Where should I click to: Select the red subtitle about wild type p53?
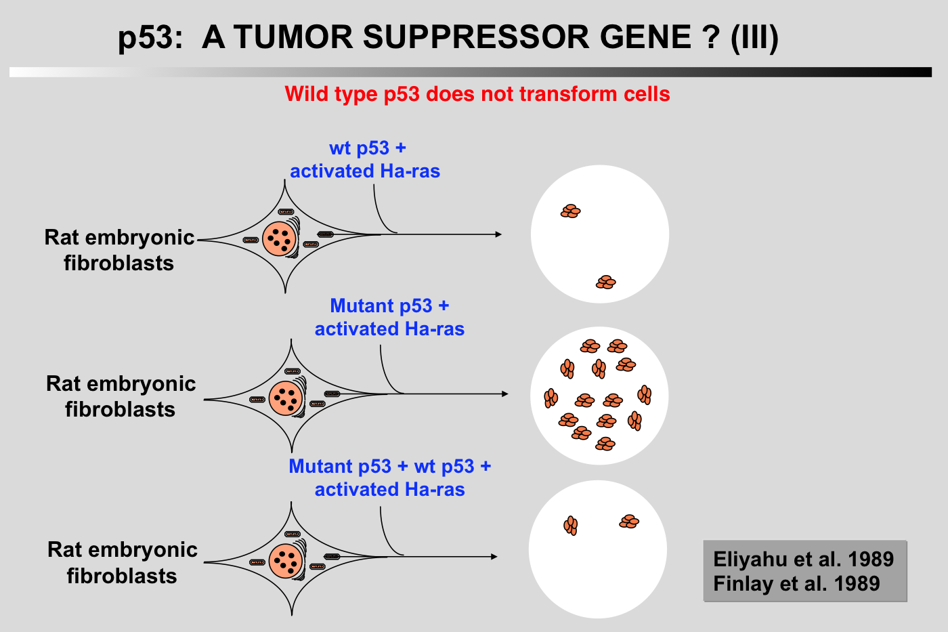click(x=477, y=93)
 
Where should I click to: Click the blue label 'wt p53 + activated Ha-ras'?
click(x=366, y=160)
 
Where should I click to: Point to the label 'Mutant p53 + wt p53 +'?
click(x=389, y=467)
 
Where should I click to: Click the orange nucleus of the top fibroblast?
click(x=278, y=238)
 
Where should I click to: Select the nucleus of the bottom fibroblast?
click(x=285, y=561)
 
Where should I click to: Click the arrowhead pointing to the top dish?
click(x=498, y=234)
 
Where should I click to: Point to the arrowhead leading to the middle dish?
click(x=504, y=394)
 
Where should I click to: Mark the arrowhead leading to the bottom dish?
click(x=494, y=557)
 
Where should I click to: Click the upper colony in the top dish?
click(x=571, y=211)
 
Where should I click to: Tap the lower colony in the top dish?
click(x=606, y=282)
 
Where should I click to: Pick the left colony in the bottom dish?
click(x=571, y=525)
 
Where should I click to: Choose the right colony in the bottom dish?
click(x=629, y=521)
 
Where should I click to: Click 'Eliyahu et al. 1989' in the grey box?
click(x=803, y=560)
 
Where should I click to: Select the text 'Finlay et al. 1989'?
click(x=796, y=583)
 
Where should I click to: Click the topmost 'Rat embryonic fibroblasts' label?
click(x=119, y=250)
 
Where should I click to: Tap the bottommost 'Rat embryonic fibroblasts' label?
click(x=123, y=562)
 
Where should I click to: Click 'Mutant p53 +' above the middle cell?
click(x=389, y=306)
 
